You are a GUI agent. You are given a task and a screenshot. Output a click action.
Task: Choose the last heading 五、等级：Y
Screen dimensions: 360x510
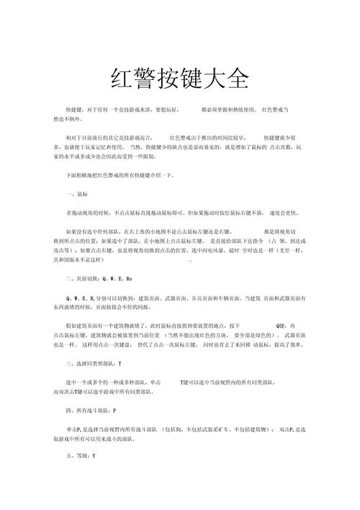pos(81,456)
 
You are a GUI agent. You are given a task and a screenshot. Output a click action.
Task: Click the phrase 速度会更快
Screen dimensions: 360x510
pos(288,213)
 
